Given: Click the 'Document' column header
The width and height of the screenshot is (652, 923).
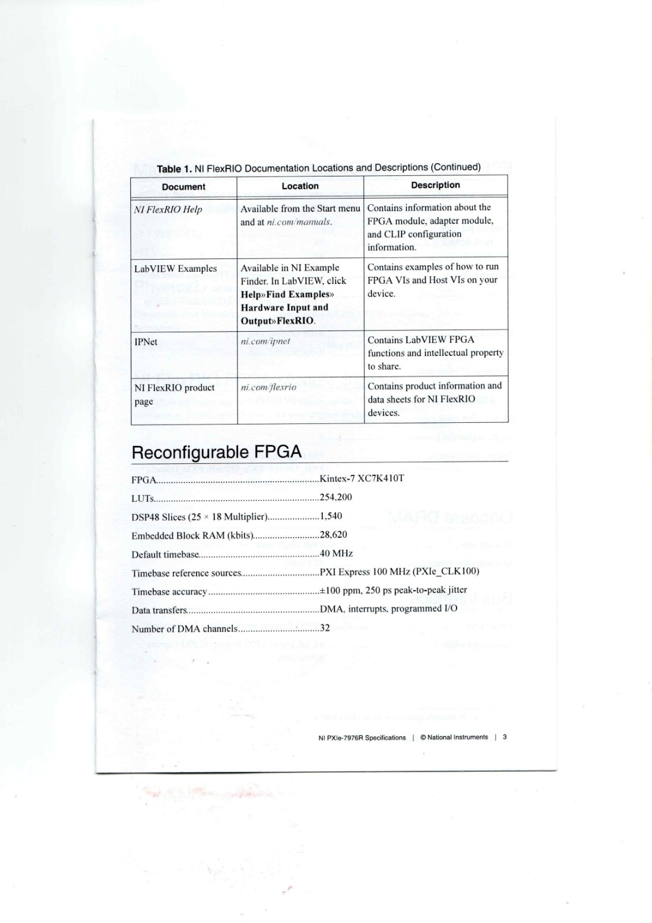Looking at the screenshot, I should [183, 187].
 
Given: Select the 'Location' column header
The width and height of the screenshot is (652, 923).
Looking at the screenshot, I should [300, 186].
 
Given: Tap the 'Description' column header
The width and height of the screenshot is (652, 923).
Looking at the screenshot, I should [435, 185].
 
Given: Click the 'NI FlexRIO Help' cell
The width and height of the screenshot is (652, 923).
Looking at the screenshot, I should [168, 209].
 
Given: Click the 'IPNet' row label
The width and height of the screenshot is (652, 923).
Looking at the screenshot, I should [146, 342].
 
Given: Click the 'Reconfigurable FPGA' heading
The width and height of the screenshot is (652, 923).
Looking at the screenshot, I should [216, 452].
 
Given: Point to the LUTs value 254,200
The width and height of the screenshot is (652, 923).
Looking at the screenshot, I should [336, 497].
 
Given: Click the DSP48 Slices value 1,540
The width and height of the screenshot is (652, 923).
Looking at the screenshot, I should [331, 516].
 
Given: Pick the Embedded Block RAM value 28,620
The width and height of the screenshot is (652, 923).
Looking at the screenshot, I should [333, 534].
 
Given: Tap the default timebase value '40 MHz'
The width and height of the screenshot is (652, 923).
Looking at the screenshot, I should [336, 553].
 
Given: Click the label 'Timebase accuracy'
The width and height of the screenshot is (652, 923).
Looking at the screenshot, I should [169, 592].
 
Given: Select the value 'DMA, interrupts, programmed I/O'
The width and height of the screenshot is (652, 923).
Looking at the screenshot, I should [389, 609].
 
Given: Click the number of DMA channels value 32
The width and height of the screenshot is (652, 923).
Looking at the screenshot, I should [325, 628].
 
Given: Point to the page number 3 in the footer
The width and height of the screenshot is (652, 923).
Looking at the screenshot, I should [505, 737].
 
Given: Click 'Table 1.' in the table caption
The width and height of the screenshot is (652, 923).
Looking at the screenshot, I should [175, 169].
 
